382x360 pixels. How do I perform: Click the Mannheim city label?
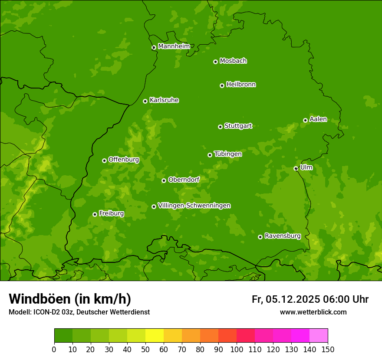pos(174,46)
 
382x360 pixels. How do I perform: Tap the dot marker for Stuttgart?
pos(220,127)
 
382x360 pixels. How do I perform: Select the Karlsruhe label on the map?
pos(164,100)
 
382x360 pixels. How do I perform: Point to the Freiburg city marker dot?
pos(95,214)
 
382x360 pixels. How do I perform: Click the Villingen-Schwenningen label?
pos(194,206)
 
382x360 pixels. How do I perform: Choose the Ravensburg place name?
pos(282,236)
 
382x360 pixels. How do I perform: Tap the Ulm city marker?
pos(296,168)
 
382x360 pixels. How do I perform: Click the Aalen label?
pos(318,119)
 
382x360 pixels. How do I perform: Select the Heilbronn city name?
pos(241,85)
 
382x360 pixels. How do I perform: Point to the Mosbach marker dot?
pos(215,62)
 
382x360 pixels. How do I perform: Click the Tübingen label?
pos(227,154)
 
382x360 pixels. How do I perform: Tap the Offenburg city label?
pos(124,160)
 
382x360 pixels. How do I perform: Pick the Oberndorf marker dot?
pos(164,180)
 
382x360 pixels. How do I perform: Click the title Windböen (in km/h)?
pos(70,299)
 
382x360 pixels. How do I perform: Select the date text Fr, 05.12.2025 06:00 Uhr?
pos(310,299)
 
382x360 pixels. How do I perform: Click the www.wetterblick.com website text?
pos(313,312)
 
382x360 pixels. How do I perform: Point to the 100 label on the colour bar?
pos(237,349)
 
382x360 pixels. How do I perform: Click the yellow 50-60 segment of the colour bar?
pos(155,336)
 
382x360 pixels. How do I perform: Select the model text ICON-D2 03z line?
pos(79,312)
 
